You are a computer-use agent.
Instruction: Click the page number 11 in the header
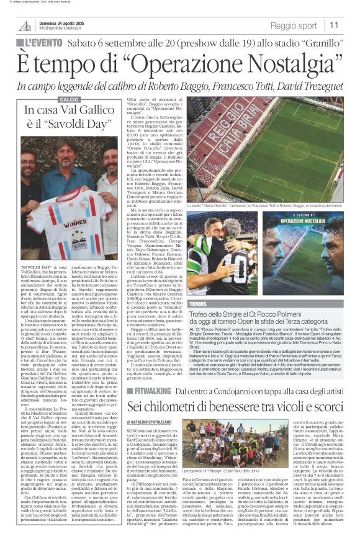pyautogui.click(x=334, y=25)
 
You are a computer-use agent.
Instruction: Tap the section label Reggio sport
pyautogui.click(x=293, y=25)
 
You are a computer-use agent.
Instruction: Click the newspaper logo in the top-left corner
pyautogui.click(x=25, y=25)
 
